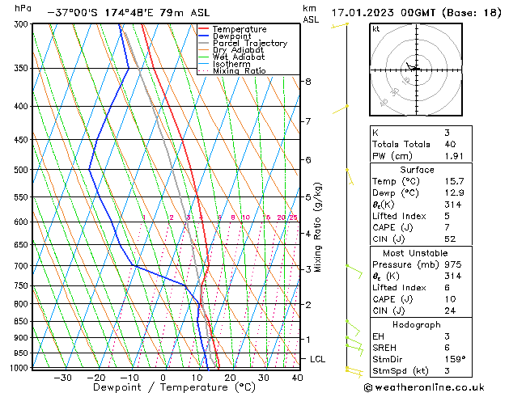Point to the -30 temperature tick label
pyautogui.click(x=62, y=378)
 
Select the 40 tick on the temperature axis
pyautogui.click(x=297, y=378)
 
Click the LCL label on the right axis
pyautogui.click(x=318, y=359)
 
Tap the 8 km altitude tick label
pyautogui.click(x=308, y=82)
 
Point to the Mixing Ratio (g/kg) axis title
pyautogui.click(x=319, y=227)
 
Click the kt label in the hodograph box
pyautogui.click(x=375, y=28)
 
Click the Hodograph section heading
pyautogui.click(x=417, y=324)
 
